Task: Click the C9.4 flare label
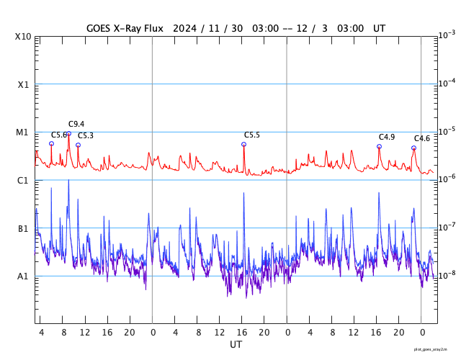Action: pyautogui.click(x=76, y=124)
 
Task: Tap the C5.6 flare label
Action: pyautogui.click(x=58, y=135)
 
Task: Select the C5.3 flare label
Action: pyautogui.click(x=86, y=135)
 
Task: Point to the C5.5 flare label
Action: pyautogui.click(x=252, y=135)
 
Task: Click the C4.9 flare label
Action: pyautogui.click(x=387, y=137)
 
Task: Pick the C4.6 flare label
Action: pyautogui.click(x=422, y=138)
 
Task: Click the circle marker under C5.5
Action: pyautogui.click(x=243, y=144)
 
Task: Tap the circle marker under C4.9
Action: pyautogui.click(x=379, y=146)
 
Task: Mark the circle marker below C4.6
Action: pyautogui.click(x=413, y=148)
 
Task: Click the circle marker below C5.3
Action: pyautogui.click(x=78, y=145)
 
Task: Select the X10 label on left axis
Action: pyautogui.click(x=24, y=37)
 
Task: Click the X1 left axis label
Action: pyautogui.click(x=24, y=84)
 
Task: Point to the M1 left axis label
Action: pyautogui.click(x=24, y=132)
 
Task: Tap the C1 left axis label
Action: pyautogui.click(x=24, y=180)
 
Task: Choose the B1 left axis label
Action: pyautogui.click(x=24, y=228)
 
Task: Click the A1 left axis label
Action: pyautogui.click(x=24, y=276)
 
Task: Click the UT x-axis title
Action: pyautogui.click(x=236, y=345)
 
